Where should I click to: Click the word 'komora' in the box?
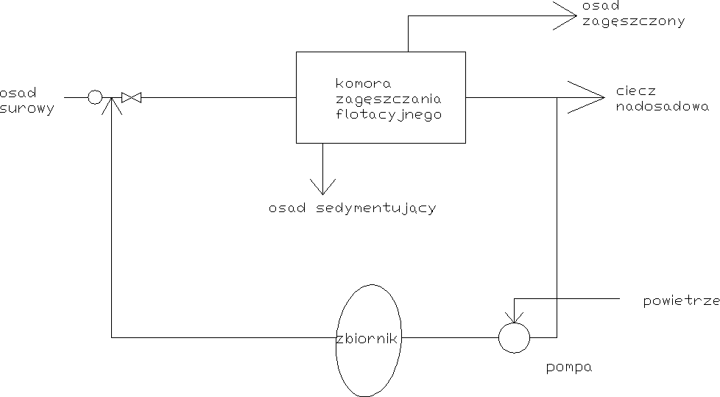pyautogui.click(x=362, y=82)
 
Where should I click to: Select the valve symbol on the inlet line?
pyautogui.click(x=132, y=97)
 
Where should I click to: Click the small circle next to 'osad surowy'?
pyautogui.click(x=95, y=96)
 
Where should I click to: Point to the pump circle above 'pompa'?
pyautogui.click(x=514, y=337)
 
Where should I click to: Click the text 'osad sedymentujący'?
pyautogui.click(x=353, y=208)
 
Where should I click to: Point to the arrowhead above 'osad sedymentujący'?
pyautogui.click(x=322, y=185)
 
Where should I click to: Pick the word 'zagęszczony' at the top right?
pyautogui.click(x=632, y=22)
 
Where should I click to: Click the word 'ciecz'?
pyautogui.click(x=635, y=93)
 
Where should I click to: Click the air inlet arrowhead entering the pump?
pyautogui.click(x=514, y=317)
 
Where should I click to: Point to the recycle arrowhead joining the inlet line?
pyautogui.click(x=111, y=105)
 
